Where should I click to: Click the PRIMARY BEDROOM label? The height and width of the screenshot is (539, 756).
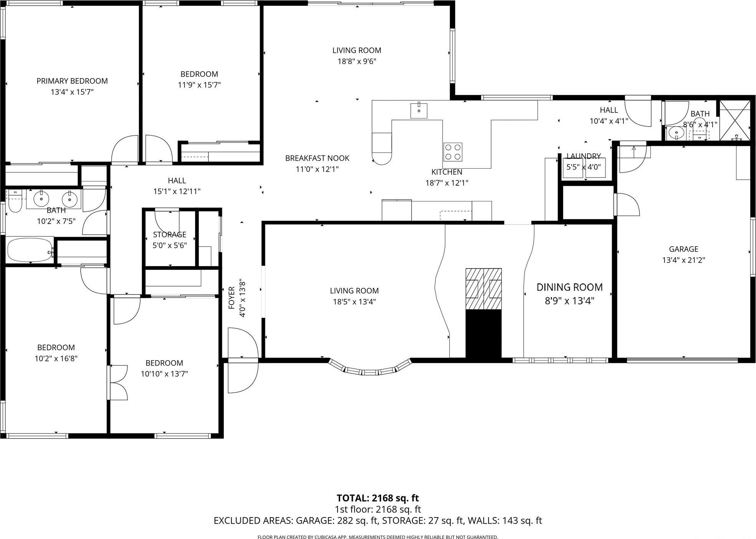(x=72, y=81)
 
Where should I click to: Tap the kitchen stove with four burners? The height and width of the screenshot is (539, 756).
(x=453, y=152)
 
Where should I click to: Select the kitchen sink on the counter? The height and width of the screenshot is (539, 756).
(x=419, y=110)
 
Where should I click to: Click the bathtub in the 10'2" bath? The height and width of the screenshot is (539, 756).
(x=30, y=250)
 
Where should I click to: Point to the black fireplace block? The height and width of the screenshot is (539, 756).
(x=483, y=334)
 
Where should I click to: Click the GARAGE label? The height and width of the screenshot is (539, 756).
(x=683, y=249)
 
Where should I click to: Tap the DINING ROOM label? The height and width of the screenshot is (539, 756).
(x=569, y=287)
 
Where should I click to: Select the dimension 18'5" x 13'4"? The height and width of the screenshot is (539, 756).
(x=354, y=302)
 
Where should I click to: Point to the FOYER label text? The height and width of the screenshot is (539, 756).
(x=232, y=297)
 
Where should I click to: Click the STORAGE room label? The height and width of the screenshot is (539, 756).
(x=169, y=234)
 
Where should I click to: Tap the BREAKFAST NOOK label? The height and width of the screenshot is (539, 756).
(x=317, y=158)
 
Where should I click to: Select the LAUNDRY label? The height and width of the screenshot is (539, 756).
(x=583, y=156)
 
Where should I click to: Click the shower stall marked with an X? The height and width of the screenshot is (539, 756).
(x=734, y=120)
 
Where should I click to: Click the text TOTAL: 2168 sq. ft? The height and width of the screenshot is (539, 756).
(x=377, y=498)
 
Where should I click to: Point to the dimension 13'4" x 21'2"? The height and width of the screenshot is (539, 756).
(x=683, y=260)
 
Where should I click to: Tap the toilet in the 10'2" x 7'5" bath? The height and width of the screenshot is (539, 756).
(x=15, y=204)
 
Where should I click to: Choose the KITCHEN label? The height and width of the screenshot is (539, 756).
(x=447, y=172)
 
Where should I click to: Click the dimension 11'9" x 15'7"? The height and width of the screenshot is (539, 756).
(x=199, y=85)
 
